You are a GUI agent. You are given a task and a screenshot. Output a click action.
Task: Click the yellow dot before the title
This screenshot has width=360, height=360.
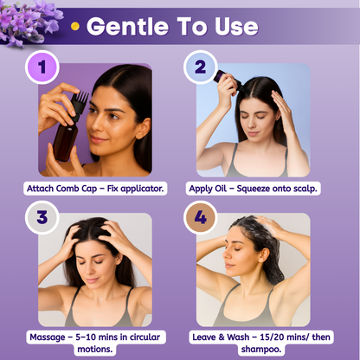[x=75, y=26]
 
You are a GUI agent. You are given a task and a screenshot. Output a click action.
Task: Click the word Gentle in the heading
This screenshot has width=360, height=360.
[x=127, y=26]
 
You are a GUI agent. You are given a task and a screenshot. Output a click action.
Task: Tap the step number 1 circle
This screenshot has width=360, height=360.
[x=42, y=67]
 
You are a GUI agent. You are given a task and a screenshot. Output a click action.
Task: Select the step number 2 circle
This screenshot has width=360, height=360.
[x=200, y=67]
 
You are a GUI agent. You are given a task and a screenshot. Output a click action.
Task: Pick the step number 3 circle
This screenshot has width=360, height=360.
[x=42, y=217]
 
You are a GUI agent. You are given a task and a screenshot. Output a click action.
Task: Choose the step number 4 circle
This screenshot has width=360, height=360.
[x=200, y=217]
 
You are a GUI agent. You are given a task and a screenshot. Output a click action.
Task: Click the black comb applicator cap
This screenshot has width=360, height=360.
[x=79, y=106]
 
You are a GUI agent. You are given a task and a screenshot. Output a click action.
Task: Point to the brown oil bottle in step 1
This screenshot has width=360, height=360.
[x=66, y=140]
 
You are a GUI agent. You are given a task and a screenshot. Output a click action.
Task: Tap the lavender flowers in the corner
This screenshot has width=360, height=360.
[x=28, y=22]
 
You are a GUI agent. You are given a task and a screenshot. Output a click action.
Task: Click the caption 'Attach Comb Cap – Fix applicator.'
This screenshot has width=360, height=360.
[x=95, y=189]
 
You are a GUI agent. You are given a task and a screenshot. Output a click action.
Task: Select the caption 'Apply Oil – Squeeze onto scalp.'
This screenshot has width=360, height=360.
[x=253, y=189]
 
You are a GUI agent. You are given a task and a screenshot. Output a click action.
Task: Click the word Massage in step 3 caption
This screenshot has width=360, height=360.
[x=48, y=337]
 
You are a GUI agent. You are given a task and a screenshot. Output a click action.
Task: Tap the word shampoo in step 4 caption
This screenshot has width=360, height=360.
[x=261, y=349]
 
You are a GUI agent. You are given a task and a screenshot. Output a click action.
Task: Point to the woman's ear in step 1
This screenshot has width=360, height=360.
[x=144, y=128]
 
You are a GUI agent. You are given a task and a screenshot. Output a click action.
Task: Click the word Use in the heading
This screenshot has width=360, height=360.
[x=236, y=26]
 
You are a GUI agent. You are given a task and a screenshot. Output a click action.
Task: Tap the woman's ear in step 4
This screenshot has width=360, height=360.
[x=263, y=254]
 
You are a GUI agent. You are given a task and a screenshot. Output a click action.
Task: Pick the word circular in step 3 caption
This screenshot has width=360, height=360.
[x=145, y=337]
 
